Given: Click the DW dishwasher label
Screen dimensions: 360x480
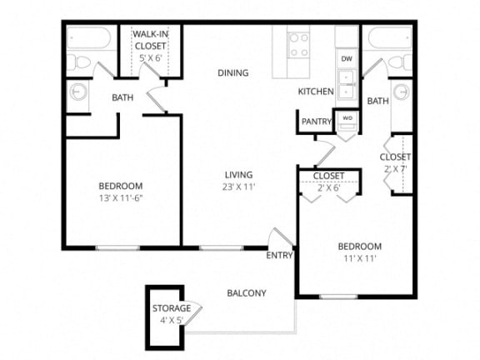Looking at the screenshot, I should click(x=347, y=60).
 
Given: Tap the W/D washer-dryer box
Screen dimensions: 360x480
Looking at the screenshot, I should click(x=347, y=118).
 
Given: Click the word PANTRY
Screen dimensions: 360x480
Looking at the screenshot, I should click(x=317, y=122).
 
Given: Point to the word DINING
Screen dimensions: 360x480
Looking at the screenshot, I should click(x=233, y=72).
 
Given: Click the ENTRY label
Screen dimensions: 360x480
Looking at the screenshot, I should click(x=279, y=255).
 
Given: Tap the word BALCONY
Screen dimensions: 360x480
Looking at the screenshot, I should click(x=247, y=292).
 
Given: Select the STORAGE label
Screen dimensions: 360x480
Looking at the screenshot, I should click(x=171, y=308).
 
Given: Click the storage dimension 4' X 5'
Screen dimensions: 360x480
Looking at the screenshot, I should click(x=171, y=319).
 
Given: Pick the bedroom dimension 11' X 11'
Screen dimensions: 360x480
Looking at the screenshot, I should click(x=359, y=258).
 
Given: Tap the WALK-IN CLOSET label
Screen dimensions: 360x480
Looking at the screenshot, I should click(x=151, y=41).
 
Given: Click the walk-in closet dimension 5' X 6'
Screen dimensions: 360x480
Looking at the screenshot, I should click(x=151, y=57).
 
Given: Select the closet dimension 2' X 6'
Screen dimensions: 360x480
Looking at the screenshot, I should click(x=327, y=187).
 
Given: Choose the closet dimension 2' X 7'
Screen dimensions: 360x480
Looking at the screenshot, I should click(x=395, y=169).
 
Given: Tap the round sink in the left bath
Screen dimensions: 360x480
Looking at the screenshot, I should click(x=77, y=93).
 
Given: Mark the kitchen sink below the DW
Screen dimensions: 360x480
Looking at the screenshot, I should click(x=347, y=82).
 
